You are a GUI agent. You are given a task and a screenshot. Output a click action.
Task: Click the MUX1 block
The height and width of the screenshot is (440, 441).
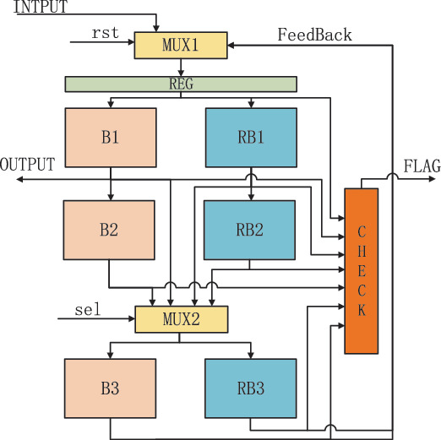point(181,44)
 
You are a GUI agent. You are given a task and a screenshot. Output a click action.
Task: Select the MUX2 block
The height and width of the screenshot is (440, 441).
point(182,319)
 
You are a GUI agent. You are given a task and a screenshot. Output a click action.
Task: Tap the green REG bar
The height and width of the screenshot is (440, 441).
point(181,84)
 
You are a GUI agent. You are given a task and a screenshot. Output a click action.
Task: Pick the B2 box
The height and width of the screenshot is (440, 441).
point(111,230)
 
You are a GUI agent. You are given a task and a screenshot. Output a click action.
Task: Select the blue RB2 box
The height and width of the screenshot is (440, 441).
point(251,230)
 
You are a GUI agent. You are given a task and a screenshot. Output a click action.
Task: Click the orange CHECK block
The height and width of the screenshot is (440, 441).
point(361,270)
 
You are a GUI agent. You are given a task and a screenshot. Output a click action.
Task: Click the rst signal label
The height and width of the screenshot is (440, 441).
point(104,33)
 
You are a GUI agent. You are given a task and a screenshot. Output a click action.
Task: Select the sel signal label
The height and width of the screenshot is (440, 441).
point(87,310)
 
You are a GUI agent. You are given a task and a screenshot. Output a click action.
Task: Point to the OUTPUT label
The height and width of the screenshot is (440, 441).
point(28,164)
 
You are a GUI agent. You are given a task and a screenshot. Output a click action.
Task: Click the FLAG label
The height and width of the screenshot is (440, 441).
point(422,166)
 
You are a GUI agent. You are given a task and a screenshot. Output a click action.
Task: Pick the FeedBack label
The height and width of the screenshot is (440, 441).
point(315,35)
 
